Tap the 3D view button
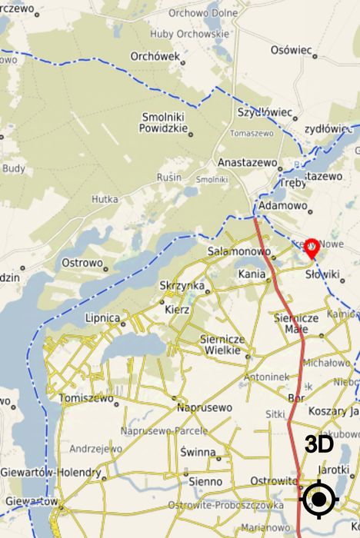(318, 444)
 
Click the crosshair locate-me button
(319, 500)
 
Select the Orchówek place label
(155, 56)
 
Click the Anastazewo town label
(247, 163)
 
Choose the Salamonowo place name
(238, 251)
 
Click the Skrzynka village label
(182, 286)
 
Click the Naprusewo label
(205, 407)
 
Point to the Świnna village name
(198, 452)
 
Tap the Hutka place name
(105, 198)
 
